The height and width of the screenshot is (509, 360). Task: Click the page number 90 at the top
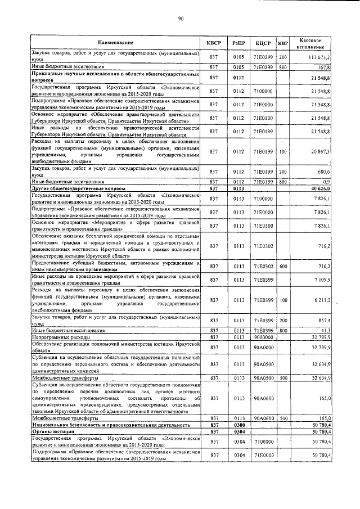click(x=181, y=19)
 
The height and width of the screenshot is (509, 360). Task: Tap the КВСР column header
click(x=213, y=43)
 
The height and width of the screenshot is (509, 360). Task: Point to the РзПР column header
click(x=238, y=43)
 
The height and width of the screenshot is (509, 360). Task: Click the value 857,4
click(x=323, y=320)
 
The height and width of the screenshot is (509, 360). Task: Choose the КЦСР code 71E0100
click(x=263, y=117)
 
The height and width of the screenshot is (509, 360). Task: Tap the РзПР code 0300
click(x=238, y=426)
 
